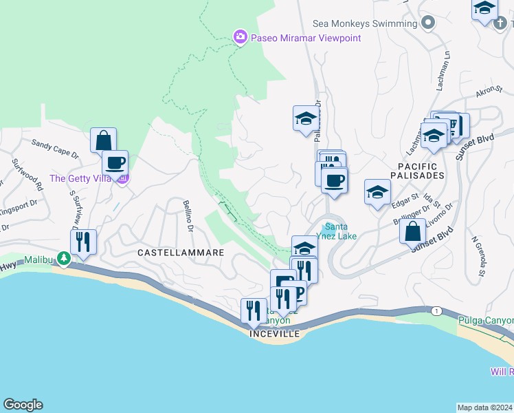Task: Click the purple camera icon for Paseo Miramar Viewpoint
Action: [240, 37]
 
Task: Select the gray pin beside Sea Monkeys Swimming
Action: [428, 23]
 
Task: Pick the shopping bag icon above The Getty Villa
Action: [103, 140]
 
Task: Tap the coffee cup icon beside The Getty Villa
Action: [115, 163]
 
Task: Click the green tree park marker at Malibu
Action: [64, 259]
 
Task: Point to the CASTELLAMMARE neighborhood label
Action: [181, 253]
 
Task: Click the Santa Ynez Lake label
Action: [340, 231]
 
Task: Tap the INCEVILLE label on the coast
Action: [275, 333]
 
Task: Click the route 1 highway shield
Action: [436, 311]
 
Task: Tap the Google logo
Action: [23, 405]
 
